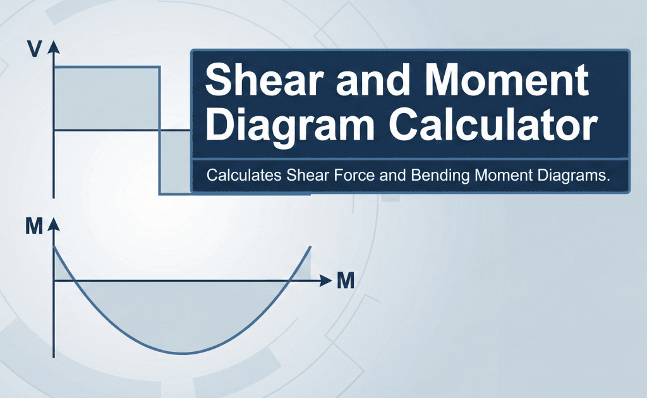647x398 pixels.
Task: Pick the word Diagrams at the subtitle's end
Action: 572,175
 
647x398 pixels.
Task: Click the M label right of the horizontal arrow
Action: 345,280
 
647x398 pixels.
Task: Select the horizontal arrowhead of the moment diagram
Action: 326,280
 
